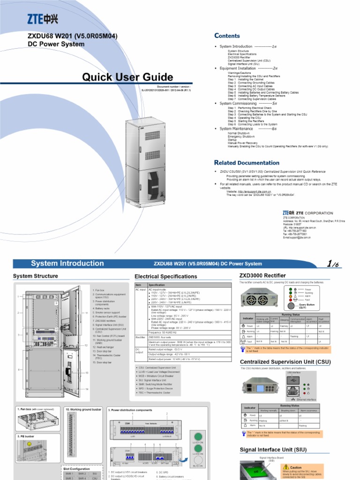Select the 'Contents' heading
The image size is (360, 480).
(227, 36)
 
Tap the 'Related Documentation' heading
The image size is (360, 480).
(247, 163)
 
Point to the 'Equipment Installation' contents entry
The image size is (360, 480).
(238, 68)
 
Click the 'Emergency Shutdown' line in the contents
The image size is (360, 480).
(241, 136)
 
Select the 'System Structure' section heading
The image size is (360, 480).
(36, 276)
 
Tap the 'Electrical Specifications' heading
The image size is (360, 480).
(165, 277)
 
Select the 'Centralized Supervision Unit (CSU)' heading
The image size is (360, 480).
(285, 362)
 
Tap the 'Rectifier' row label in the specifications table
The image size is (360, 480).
(140, 337)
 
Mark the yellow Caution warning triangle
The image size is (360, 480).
(285, 467)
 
